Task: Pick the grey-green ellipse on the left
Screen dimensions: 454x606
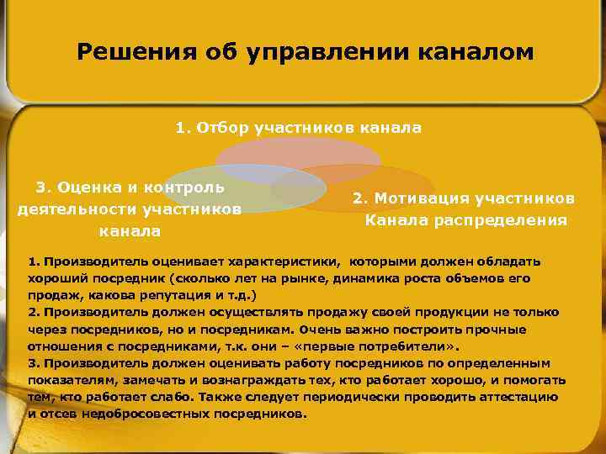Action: tap(252, 189)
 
